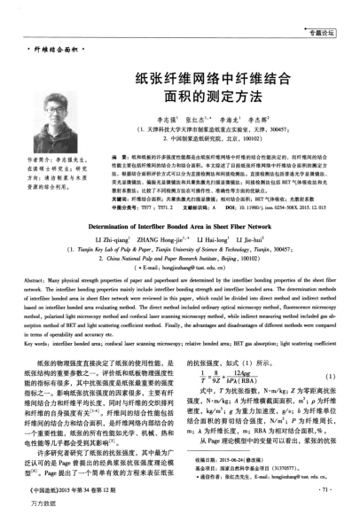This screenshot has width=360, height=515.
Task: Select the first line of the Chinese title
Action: point(212,79)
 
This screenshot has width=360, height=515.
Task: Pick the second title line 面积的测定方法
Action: point(212,98)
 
